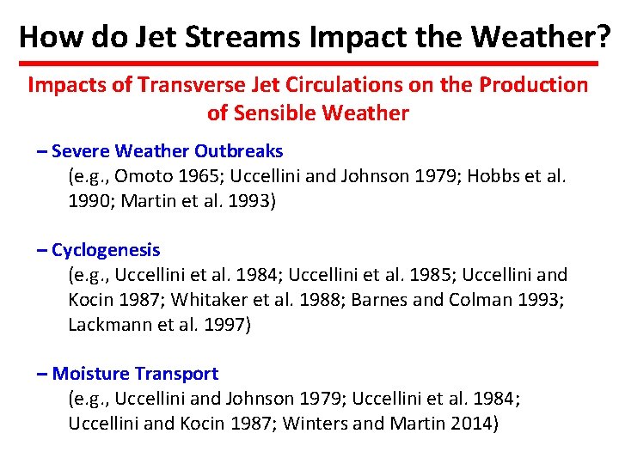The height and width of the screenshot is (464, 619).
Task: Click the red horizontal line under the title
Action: pos(309,64)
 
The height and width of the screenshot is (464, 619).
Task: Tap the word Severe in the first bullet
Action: pos(80,151)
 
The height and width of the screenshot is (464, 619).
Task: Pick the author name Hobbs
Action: pos(496,178)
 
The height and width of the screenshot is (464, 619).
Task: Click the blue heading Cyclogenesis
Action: pos(106,250)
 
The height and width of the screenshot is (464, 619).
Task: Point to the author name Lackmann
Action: pos(107,326)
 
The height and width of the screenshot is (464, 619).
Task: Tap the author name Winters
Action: pos(314,424)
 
